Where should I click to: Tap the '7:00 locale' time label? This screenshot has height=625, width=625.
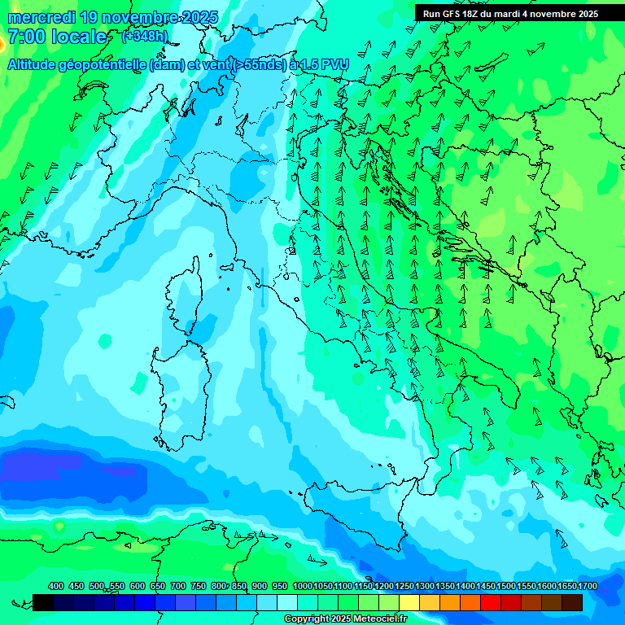pos(57,37)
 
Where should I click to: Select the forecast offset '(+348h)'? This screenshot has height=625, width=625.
pos(145,37)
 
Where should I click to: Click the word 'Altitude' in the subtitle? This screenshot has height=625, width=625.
pos(37,65)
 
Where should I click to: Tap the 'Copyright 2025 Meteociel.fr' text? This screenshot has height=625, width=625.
pos(346,618)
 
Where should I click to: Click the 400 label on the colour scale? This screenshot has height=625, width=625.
pos(56,586)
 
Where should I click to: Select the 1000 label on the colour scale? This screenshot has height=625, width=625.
pos(302,586)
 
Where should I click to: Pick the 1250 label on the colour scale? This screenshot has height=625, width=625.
pos(404,586)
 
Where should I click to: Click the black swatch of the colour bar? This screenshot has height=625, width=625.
pos(43,602)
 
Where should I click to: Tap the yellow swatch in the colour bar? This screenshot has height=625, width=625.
pos(409,602)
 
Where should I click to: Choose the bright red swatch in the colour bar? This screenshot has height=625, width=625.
pos(491,602)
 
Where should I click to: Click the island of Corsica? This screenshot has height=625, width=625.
pos(185,293)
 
